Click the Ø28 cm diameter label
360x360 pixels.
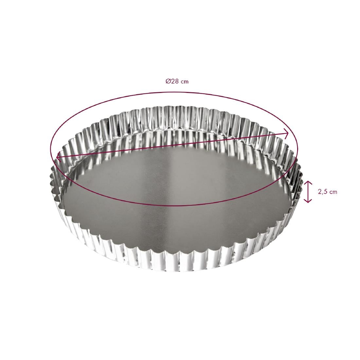pyautogui.click(x=177, y=81)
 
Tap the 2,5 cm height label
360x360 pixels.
pyautogui.click(x=327, y=192)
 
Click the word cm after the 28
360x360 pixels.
pyautogui.click(x=185, y=82)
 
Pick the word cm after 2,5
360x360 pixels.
pyautogui.click(x=333, y=192)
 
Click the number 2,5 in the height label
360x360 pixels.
pyautogui.click(x=322, y=192)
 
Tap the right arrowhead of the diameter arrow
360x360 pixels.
pyautogui.click(x=287, y=133)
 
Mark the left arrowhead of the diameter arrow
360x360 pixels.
pyautogui.click(x=58, y=157)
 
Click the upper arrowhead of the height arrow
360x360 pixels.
pyautogui.click(x=308, y=182)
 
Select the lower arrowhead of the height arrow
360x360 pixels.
pyautogui.click(x=308, y=201)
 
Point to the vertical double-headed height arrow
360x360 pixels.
pyautogui.click(x=308, y=191)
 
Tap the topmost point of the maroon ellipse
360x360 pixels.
pyautogui.click(x=173, y=93)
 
